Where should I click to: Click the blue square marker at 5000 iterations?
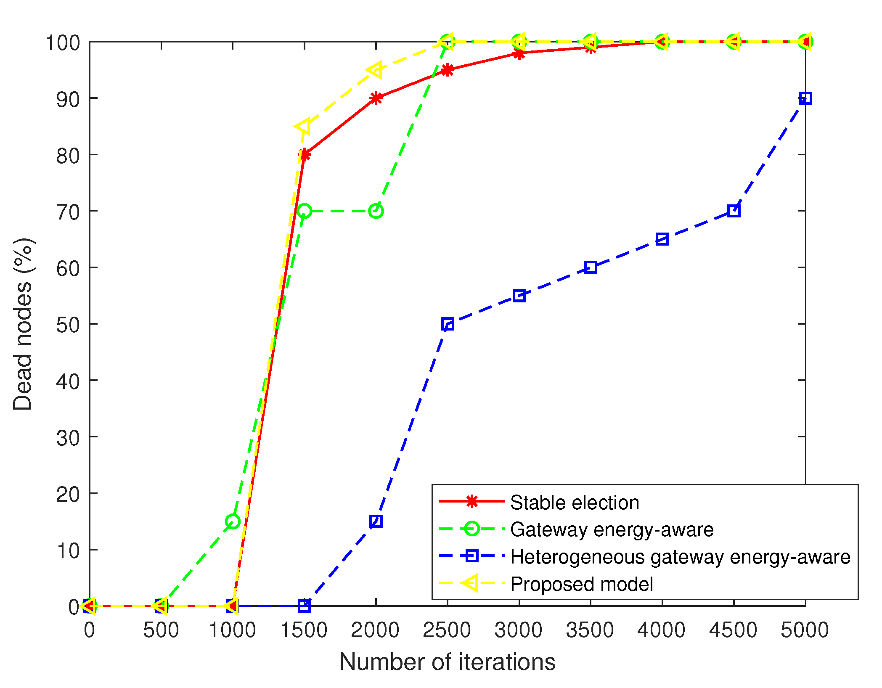coord(805,98)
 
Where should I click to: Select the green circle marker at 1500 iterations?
coord(304,211)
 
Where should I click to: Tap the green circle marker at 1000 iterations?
coord(233,521)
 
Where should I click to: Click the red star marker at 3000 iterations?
coord(519,53)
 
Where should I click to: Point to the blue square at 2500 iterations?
coord(448,324)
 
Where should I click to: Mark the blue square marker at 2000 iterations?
coord(376,521)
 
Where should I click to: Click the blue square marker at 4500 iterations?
coord(734,211)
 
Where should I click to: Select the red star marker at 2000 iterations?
coord(376,98)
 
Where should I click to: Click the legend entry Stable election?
coord(574,503)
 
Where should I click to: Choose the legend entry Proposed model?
coord(581,584)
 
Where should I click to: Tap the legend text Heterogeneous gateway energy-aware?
coord(680,557)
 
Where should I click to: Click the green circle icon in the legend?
coord(471,529)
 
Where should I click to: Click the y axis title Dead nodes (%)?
coord(23,324)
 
